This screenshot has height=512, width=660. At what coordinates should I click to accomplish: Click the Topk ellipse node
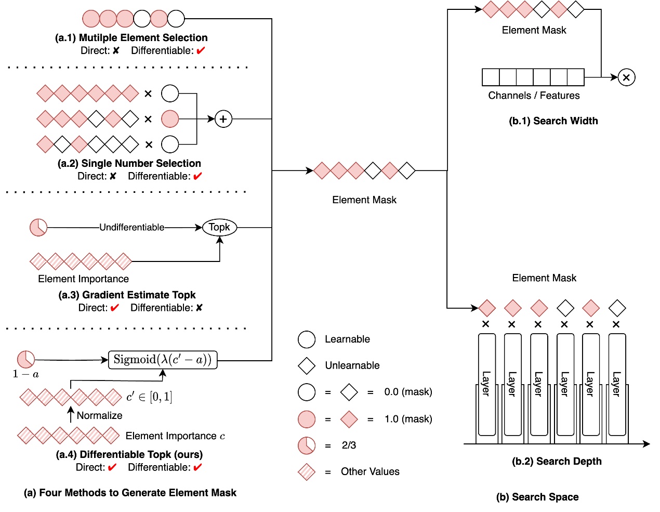(x=219, y=227)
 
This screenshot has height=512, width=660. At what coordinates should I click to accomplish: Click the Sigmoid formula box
(x=163, y=360)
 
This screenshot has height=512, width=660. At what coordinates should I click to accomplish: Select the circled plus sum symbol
(x=223, y=119)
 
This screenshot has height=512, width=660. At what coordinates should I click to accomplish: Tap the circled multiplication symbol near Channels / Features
(x=627, y=77)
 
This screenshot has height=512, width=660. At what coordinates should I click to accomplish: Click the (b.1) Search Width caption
(x=553, y=121)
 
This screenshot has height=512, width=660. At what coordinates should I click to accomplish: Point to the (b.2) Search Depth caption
(x=557, y=461)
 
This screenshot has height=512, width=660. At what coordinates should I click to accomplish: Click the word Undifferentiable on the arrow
(x=131, y=227)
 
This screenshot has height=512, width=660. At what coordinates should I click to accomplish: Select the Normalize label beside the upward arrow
(x=99, y=415)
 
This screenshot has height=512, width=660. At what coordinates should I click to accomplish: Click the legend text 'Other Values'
(x=370, y=471)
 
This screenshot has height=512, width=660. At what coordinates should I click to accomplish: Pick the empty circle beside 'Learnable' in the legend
(x=307, y=339)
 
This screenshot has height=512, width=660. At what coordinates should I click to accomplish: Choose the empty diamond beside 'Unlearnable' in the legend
(x=307, y=365)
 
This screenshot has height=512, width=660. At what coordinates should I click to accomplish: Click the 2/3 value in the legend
(x=349, y=445)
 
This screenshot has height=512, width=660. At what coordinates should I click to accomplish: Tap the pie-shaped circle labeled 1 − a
(x=26, y=359)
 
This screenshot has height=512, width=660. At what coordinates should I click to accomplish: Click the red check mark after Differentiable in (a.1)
(x=201, y=50)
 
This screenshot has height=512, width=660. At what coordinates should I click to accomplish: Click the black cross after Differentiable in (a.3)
(x=199, y=308)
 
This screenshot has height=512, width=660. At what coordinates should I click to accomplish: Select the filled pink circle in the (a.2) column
(x=170, y=119)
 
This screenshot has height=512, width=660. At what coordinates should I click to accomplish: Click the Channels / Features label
(x=534, y=96)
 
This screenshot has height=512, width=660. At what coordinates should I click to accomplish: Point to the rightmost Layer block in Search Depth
(x=617, y=385)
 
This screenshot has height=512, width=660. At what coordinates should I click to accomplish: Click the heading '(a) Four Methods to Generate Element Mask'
(x=130, y=493)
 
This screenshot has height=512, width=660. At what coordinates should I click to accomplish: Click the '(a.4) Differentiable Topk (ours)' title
(x=129, y=454)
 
